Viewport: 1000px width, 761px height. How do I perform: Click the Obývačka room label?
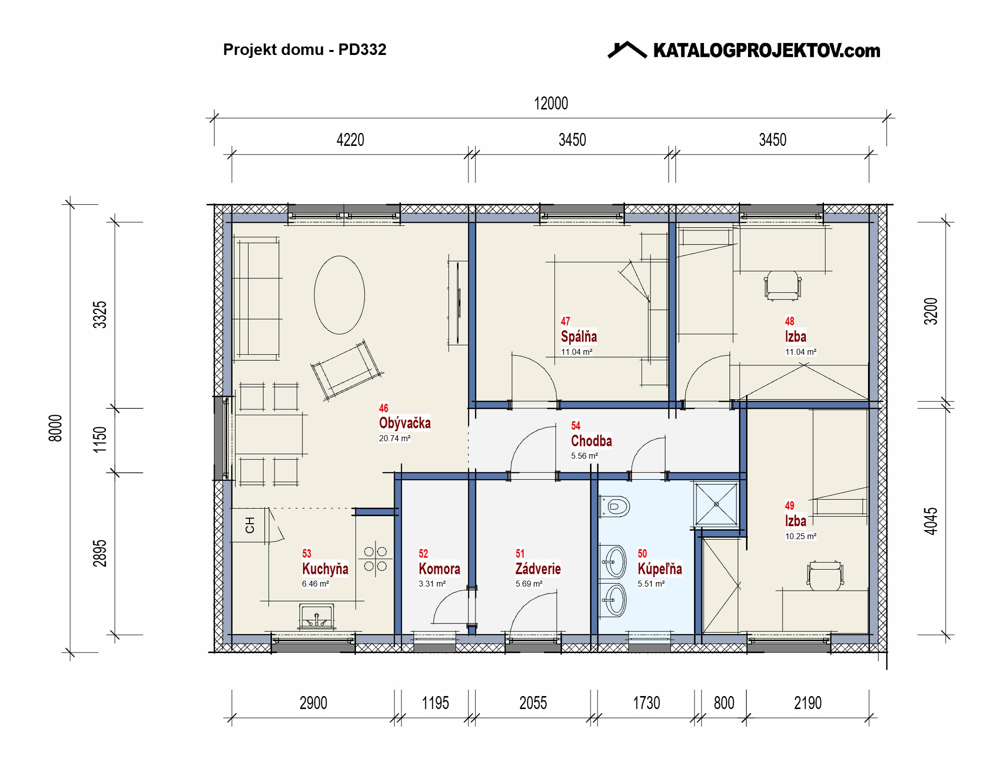(x=404, y=423)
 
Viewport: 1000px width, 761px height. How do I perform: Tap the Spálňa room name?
(x=578, y=337)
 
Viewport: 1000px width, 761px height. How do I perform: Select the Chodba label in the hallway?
(x=591, y=441)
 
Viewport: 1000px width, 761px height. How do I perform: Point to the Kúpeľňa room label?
(x=659, y=569)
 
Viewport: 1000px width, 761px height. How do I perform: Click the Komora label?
(x=439, y=569)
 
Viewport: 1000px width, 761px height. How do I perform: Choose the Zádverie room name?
(x=538, y=569)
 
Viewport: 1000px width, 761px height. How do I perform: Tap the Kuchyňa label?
(x=325, y=569)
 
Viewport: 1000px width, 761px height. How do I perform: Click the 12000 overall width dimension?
(x=551, y=103)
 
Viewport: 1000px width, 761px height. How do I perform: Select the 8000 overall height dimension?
(x=55, y=428)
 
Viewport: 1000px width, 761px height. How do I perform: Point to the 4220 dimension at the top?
(x=350, y=140)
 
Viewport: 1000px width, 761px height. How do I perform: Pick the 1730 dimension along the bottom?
(x=646, y=703)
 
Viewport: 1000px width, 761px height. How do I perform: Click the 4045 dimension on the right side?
(x=930, y=521)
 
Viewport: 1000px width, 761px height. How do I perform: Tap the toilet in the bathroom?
(x=614, y=506)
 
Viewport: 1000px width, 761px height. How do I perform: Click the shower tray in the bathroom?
(x=716, y=504)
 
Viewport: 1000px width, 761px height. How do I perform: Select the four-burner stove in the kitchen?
(x=375, y=559)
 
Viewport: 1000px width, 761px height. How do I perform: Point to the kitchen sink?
(x=316, y=616)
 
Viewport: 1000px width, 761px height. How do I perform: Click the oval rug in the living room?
(x=339, y=295)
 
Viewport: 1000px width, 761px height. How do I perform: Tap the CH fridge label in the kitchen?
(x=250, y=525)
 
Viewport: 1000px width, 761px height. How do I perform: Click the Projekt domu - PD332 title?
(x=304, y=49)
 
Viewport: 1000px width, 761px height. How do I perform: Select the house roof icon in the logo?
(x=627, y=50)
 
